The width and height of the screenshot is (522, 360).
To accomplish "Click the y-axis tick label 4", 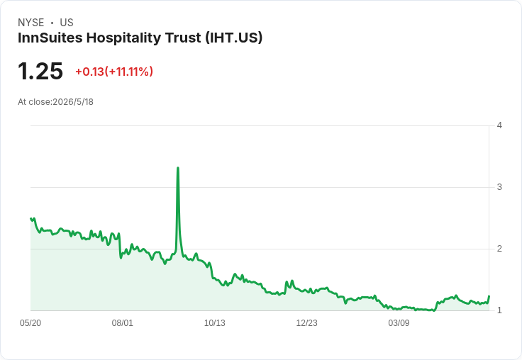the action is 499,125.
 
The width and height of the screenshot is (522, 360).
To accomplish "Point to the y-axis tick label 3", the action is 499,187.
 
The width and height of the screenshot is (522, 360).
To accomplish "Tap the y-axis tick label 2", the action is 499,249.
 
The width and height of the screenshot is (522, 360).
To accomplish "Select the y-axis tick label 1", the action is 499,310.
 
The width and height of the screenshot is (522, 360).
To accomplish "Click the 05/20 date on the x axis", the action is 30,322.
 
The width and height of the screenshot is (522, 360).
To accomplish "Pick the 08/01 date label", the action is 122,322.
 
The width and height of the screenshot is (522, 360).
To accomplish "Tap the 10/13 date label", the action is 214,322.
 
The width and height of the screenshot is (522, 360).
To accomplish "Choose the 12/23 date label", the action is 306,322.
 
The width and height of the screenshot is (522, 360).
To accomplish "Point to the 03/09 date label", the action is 399,322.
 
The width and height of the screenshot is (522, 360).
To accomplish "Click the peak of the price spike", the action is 178,168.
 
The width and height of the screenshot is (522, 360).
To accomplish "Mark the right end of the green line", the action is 489,296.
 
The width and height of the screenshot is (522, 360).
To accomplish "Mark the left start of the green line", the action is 30,218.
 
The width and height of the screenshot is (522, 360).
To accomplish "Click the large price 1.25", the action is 40,71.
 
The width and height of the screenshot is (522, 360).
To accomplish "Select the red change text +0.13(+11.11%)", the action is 114,72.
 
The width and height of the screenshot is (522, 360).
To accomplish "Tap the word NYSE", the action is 31,23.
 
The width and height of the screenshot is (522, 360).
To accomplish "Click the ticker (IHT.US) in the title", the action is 234,38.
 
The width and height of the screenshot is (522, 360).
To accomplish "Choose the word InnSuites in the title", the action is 50,38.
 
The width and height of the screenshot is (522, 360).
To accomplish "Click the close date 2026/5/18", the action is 73,102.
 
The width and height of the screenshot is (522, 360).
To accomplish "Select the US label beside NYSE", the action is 67,23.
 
